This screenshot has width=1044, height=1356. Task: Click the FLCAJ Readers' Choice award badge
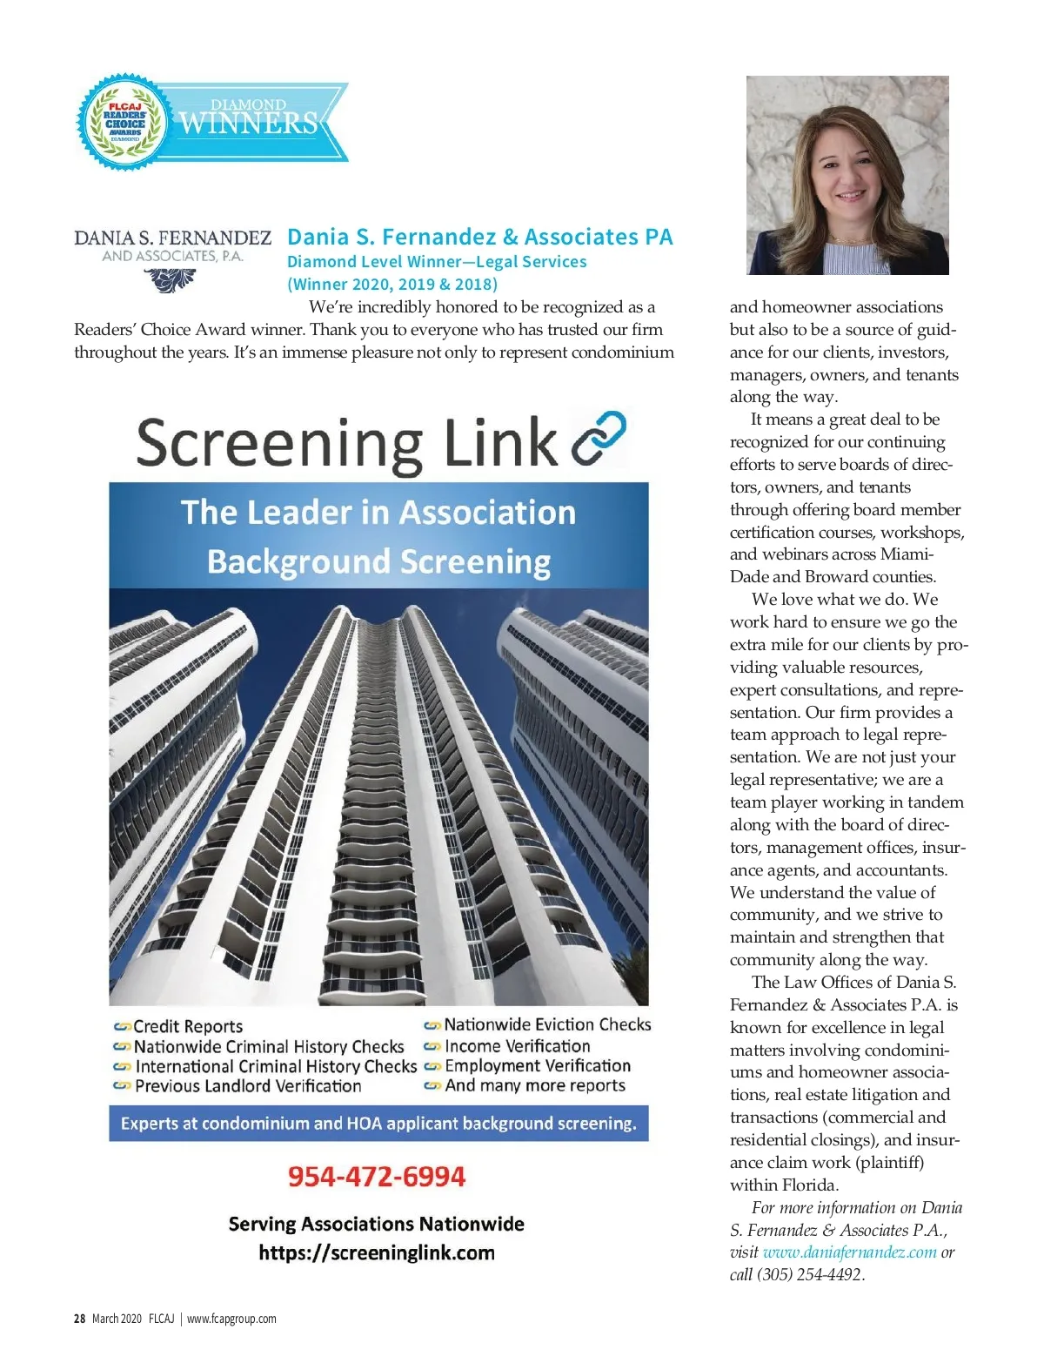[x=124, y=122]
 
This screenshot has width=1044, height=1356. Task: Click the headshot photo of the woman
[x=847, y=175]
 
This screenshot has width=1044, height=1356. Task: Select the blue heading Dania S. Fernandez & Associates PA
[x=479, y=237]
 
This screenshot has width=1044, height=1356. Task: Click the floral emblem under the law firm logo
[x=170, y=279]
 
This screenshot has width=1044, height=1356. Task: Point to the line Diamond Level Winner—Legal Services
[x=437, y=262]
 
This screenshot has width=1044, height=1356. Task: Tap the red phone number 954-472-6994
[x=377, y=1177]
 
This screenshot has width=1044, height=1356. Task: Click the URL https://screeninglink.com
[x=377, y=1253]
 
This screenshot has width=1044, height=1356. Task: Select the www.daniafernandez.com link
[x=849, y=1252]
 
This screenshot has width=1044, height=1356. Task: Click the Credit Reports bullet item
[x=188, y=1027]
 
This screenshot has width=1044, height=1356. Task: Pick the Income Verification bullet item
[x=517, y=1046]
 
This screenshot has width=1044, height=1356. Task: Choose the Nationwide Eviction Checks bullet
[x=547, y=1025]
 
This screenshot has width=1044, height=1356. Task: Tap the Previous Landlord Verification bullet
[x=248, y=1086]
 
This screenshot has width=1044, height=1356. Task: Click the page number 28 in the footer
[x=79, y=1319]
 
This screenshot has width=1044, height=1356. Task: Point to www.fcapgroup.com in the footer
[x=231, y=1319]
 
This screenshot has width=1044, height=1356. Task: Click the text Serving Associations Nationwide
[x=377, y=1225]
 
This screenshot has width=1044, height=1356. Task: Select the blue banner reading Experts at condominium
[x=378, y=1124]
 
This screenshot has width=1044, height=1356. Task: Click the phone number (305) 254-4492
[x=808, y=1275]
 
